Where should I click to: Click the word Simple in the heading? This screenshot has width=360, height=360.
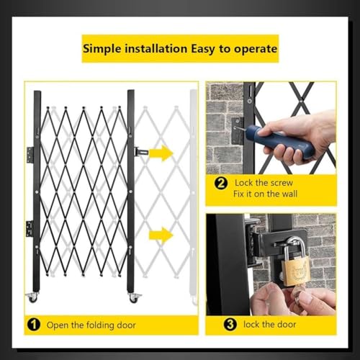102,49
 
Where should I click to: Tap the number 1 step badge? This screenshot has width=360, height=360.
34,325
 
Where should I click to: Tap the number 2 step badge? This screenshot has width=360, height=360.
221,184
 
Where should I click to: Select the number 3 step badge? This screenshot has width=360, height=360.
230,324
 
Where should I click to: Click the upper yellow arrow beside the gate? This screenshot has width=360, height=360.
161,153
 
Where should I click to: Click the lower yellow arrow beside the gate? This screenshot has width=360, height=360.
161,235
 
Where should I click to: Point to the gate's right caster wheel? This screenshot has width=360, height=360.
132,297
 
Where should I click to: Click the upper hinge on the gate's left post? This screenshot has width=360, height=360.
30,155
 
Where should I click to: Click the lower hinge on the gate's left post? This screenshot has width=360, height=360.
30,228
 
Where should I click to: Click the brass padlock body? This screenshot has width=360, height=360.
295,272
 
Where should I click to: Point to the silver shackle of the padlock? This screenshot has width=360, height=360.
295,247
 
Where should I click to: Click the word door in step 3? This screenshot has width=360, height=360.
287,325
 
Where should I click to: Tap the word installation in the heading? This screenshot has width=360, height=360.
156,49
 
